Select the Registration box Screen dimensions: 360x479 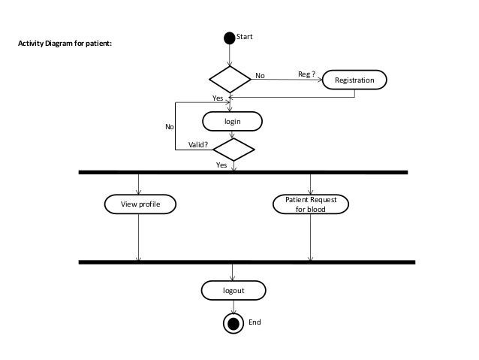(354, 79)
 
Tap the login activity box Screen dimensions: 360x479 (233, 120)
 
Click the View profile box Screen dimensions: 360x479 (140, 204)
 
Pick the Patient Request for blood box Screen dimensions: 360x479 (310, 204)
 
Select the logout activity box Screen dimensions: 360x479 (233, 289)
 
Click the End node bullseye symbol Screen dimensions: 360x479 (234, 323)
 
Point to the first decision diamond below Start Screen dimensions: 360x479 (230, 78)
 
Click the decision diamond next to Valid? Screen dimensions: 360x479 (234, 149)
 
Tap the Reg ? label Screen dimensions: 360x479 (306, 74)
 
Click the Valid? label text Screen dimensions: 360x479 (197, 145)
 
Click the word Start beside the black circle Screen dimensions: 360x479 (245, 35)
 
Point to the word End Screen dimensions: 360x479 (255, 322)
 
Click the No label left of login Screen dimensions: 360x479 (170, 127)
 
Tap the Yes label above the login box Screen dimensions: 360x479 (218, 98)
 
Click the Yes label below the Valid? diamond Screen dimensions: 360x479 (221, 164)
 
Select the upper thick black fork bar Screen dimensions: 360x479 (243, 172)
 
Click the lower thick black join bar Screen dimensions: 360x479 (247, 262)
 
